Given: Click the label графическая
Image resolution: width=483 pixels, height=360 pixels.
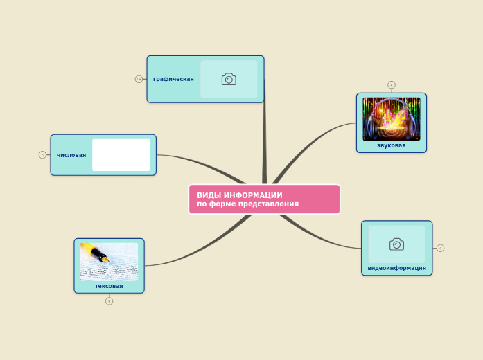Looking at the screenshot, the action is (x=173, y=79).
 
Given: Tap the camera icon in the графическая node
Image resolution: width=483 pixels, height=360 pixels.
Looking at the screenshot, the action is (x=229, y=79).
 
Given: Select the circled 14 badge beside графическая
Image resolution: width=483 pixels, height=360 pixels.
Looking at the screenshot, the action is (x=139, y=79).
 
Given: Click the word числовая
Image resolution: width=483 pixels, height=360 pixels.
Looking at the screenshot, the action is (x=71, y=155).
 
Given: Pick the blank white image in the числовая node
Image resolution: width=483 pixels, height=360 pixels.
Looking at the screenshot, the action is (x=121, y=155).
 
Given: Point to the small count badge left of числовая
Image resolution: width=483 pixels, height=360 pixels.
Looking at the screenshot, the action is (x=42, y=155).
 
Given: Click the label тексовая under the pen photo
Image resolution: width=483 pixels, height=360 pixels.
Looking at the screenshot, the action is (x=109, y=286).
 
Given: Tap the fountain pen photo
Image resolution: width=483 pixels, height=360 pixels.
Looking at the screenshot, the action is (x=109, y=261).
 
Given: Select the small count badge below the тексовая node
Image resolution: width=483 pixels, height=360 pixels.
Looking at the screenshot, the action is (x=109, y=301).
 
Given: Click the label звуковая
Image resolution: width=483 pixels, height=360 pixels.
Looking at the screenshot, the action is (x=392, y=146).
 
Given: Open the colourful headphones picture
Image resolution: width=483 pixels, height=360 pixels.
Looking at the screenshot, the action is (x=392, y=119).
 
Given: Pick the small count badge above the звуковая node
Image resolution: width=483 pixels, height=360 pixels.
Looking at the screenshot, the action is (x=392, y=85).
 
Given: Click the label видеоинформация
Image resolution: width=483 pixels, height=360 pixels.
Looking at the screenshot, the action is (x=396, y=268).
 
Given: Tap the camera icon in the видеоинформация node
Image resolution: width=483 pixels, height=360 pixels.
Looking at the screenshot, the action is (x=396, y=244).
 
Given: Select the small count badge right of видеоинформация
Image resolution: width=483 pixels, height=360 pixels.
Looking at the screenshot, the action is (x=440, y=248).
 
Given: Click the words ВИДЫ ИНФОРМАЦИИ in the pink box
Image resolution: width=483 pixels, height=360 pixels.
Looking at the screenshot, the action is (x=239, y=195).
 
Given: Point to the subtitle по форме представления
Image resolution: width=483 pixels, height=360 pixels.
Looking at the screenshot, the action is (x=247, y=204).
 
